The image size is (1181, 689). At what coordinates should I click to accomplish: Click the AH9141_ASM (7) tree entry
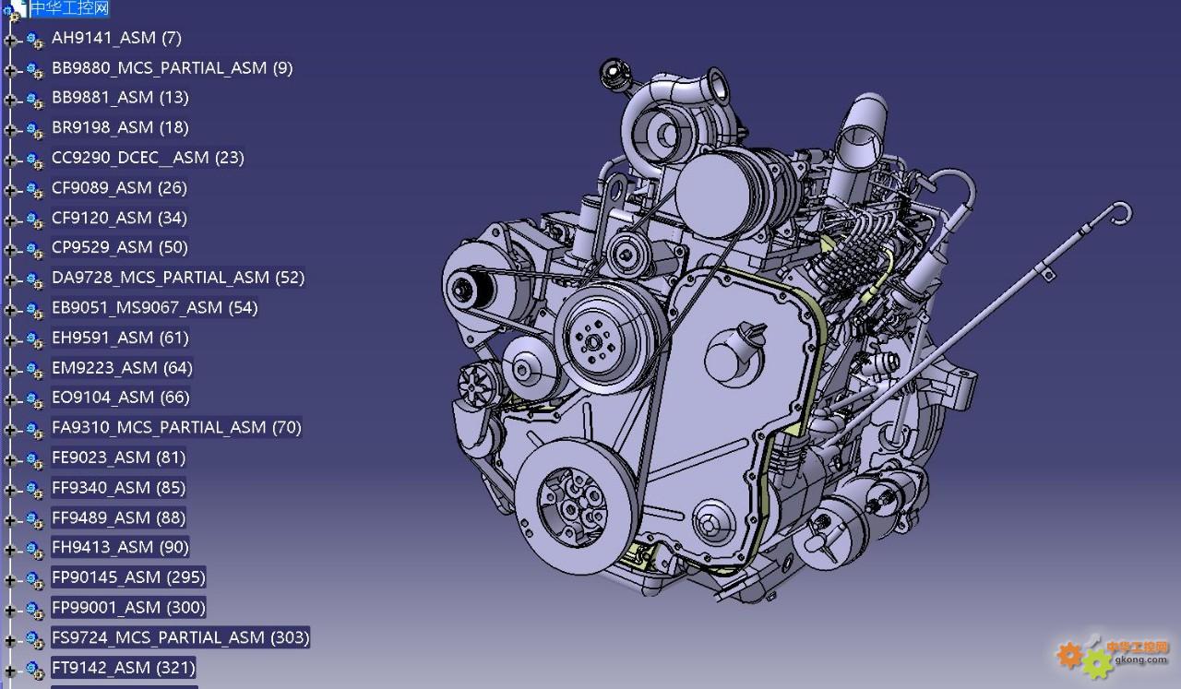point(116,38)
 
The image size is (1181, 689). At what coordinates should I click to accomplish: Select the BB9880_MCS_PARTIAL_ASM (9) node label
point(172,68)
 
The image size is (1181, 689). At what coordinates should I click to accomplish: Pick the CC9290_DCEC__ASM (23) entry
point(148,158)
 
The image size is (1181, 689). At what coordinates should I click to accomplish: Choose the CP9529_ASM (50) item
point(119,247)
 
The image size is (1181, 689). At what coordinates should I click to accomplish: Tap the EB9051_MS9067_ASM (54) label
point(154,307)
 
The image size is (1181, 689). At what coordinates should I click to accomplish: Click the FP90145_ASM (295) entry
point(128,577)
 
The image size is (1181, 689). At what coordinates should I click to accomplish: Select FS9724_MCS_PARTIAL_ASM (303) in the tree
point(180,637)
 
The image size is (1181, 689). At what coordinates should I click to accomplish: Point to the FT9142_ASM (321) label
point(123,668)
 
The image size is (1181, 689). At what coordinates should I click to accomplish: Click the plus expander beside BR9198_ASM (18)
point(9,130)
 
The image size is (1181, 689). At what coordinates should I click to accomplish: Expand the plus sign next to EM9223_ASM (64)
point(9,370)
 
